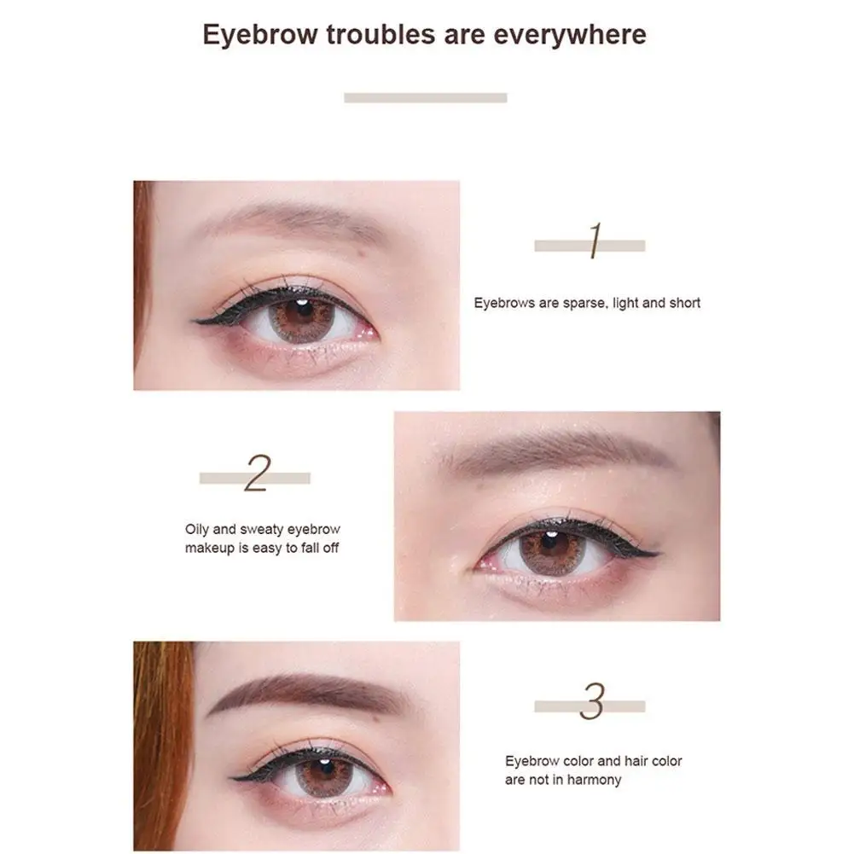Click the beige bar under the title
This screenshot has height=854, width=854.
tap(425, 97)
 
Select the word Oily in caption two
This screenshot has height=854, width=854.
tap(199, 530)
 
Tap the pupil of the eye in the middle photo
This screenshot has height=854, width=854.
tap(550, 543)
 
